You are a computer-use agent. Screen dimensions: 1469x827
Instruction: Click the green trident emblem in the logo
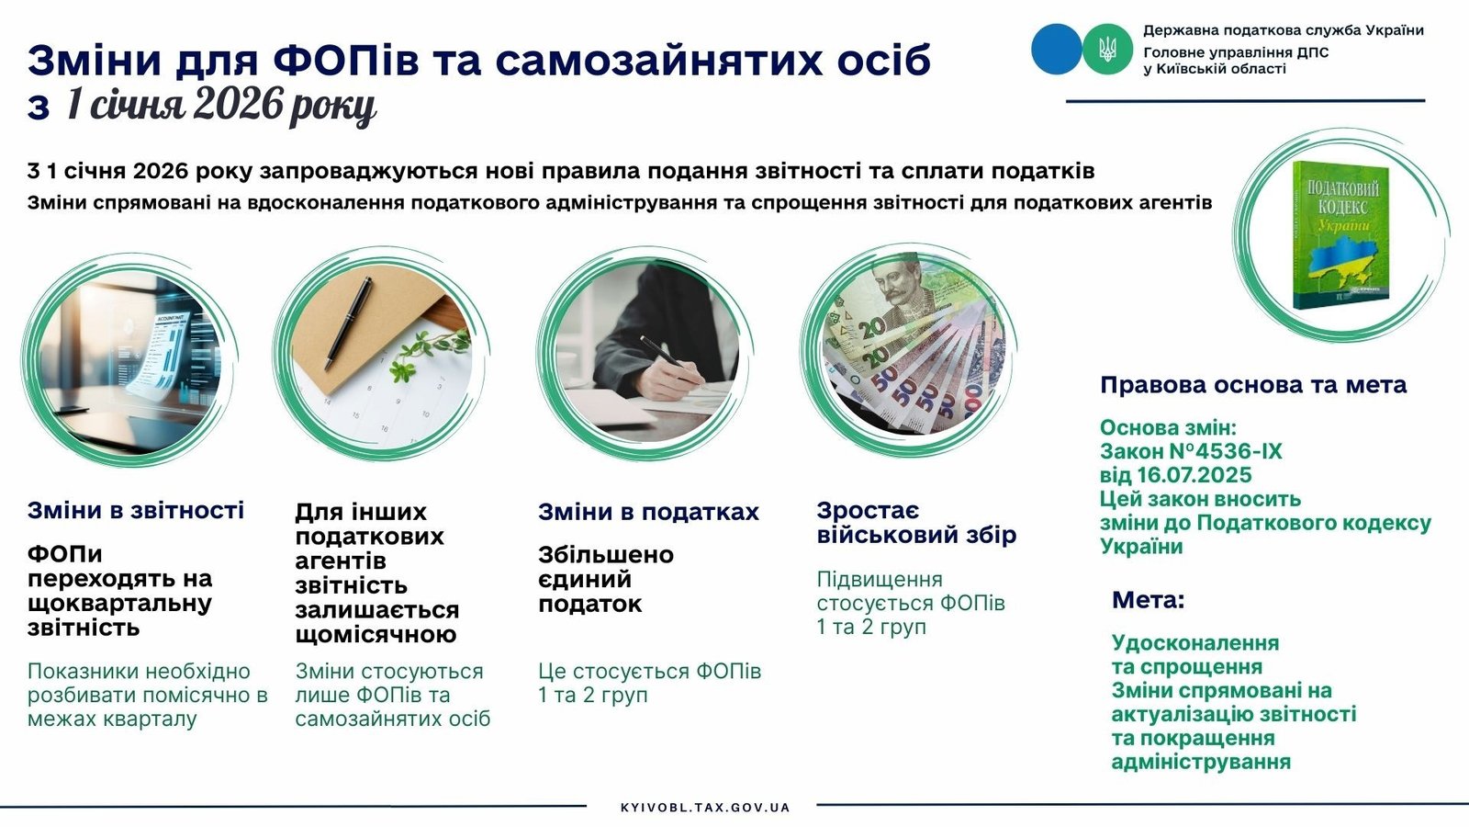[1107, 49]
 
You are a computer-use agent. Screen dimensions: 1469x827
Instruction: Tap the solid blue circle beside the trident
[1057, 49]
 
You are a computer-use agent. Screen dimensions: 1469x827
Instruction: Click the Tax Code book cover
[1341, 235]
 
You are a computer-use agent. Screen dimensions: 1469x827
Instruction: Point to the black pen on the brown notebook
[348, 323]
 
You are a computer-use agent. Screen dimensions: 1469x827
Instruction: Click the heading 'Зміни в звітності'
[136, 510]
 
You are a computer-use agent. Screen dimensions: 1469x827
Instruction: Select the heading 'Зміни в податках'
[648, 512]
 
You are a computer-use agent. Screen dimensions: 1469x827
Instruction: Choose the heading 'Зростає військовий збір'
[916, 523]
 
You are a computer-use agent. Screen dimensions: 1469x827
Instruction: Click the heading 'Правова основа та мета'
[1253, 385]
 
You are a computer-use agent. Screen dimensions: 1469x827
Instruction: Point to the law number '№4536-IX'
[1226, 451]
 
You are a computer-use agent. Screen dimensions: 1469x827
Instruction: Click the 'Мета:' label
[1149, 600]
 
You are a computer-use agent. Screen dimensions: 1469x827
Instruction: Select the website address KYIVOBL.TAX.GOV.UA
[705, 808]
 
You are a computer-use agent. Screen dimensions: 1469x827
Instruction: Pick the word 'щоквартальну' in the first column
[120, 604]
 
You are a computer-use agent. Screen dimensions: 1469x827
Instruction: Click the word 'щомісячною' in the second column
[376, 635]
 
